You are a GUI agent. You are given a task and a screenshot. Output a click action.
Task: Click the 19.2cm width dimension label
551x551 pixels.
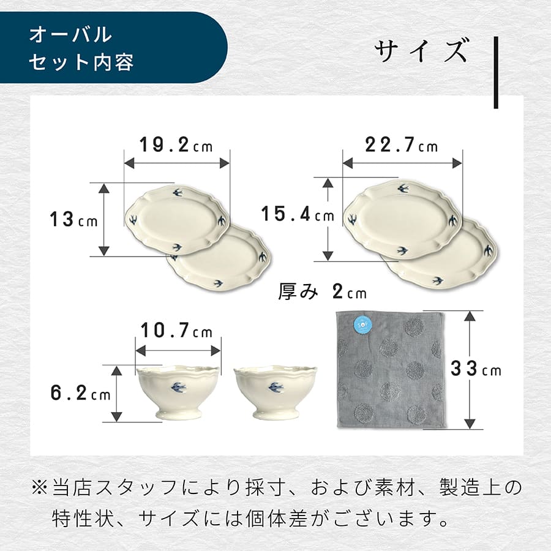pyautogui.click(x=175, y=146)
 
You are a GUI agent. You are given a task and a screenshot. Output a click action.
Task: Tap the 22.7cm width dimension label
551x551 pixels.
pyautogui.click(x=402, y=145)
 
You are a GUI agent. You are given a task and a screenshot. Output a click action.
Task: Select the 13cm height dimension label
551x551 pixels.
pyautogui.click(x=73, y=219)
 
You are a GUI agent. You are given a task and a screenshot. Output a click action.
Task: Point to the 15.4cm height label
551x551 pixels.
pyautogui.click(x=298, y=214)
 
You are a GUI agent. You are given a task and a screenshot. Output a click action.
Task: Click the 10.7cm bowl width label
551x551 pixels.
pyautogui.click(x=176, y=332)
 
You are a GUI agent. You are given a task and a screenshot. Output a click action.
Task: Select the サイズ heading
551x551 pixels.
pyautogui.click(x=422, y=51)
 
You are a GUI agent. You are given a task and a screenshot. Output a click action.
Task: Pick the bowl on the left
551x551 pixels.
pyautogui.click(x=178, y=392)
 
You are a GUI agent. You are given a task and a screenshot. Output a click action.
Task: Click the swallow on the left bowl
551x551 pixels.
pyautogui.click(x=178, y=387)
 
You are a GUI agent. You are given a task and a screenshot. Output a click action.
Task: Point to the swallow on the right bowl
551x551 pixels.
pyautogui.click(x=275, y=387)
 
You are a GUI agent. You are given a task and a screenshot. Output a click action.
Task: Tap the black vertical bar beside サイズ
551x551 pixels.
pyautogui.click(x=496, y=72)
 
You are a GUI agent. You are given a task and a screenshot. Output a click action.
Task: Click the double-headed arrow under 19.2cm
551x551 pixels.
pyautogui.click(x=176, y=163)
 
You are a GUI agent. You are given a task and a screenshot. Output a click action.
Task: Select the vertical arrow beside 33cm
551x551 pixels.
pyautogui.click(x=470, y=370)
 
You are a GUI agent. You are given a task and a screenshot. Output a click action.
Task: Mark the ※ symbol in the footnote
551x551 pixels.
pyautogui.click(x=39, y=488)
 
